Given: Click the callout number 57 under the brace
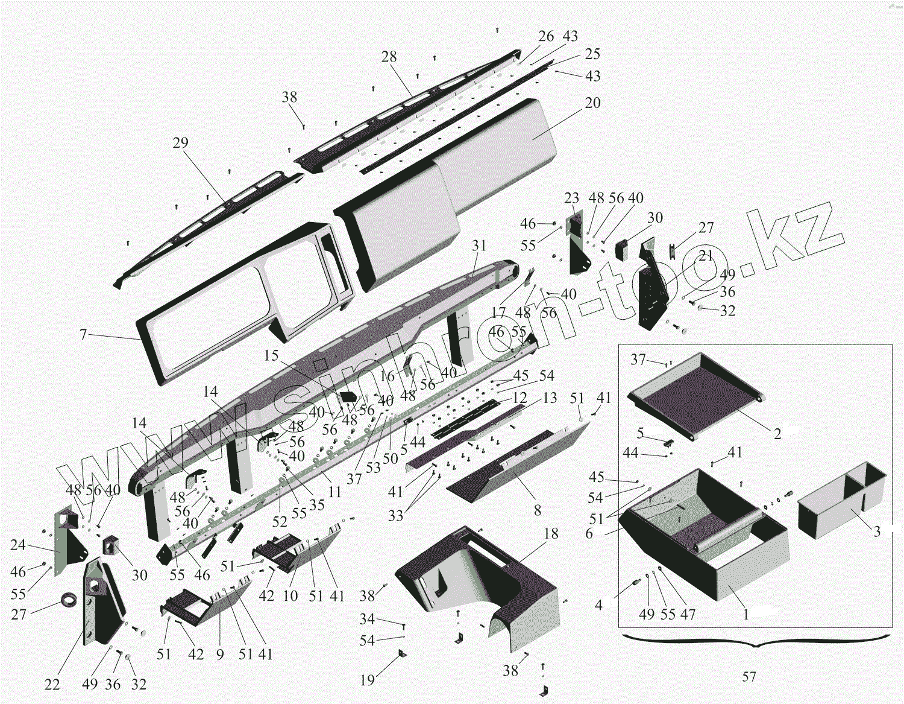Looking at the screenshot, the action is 749,677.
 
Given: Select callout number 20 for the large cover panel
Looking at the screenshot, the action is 592,103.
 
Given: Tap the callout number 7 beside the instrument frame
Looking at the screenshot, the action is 83,334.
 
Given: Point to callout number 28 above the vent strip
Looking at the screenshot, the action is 389,57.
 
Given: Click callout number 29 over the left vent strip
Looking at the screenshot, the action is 180,143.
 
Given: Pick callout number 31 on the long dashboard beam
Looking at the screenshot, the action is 479,246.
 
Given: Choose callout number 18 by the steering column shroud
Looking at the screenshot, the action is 551,534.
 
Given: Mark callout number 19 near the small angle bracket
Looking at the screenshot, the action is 367,680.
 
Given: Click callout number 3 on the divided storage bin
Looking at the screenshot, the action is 877,531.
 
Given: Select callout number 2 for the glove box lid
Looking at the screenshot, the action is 777,434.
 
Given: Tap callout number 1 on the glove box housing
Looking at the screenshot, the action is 745,614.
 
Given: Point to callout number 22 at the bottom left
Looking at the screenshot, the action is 52,685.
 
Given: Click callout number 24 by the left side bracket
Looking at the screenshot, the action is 18,545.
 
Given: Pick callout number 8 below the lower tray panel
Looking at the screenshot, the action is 537,511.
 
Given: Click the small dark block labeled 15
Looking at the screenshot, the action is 348,397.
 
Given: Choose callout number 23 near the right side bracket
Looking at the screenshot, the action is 571,198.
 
